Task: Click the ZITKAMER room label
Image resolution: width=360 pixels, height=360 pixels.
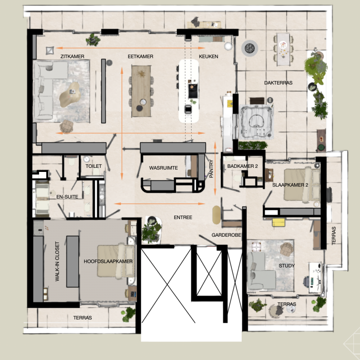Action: (72, 57)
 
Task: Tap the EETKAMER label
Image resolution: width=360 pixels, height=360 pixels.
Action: (140, 57)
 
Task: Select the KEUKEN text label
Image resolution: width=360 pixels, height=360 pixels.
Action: (208, 57)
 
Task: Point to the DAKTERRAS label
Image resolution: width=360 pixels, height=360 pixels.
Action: (279, 83)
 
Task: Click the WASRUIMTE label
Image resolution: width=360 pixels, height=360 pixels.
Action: (163, 168)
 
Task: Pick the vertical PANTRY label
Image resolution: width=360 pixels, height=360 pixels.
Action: (211, 170)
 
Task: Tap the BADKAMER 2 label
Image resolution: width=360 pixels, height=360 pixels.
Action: (243, 166)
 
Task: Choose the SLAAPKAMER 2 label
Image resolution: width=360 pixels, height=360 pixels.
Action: (290, 185)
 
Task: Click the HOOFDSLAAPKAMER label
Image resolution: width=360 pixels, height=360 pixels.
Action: (108, 261)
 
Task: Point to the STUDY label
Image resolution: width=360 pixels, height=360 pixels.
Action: (287, 266)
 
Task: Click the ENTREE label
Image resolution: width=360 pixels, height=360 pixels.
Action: (183, 218)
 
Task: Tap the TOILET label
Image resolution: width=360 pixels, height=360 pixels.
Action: (94, 166)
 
